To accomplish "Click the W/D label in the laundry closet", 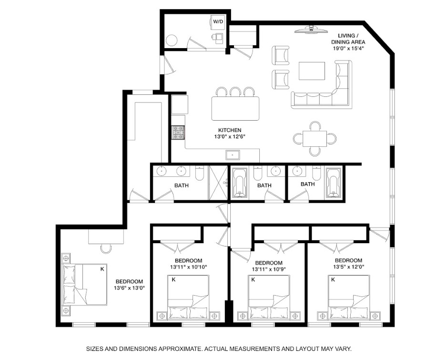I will (x=218, y=21).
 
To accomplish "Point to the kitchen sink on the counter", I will (x=233, y=154).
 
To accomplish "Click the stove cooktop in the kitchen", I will (x=178, y=132).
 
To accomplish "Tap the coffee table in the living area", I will (x=312, y=71).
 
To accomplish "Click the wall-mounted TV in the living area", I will (x=310, y=30).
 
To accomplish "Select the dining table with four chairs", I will (x=315, y=139).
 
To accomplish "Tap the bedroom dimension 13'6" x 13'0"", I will (x=129, y=288).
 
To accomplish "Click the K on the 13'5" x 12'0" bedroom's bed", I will (x=332, y=280).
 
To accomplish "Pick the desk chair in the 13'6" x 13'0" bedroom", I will (x=106, y=248).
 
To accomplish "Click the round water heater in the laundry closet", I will (x=171, y=40).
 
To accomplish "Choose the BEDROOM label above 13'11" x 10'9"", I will (x=269, y=263).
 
